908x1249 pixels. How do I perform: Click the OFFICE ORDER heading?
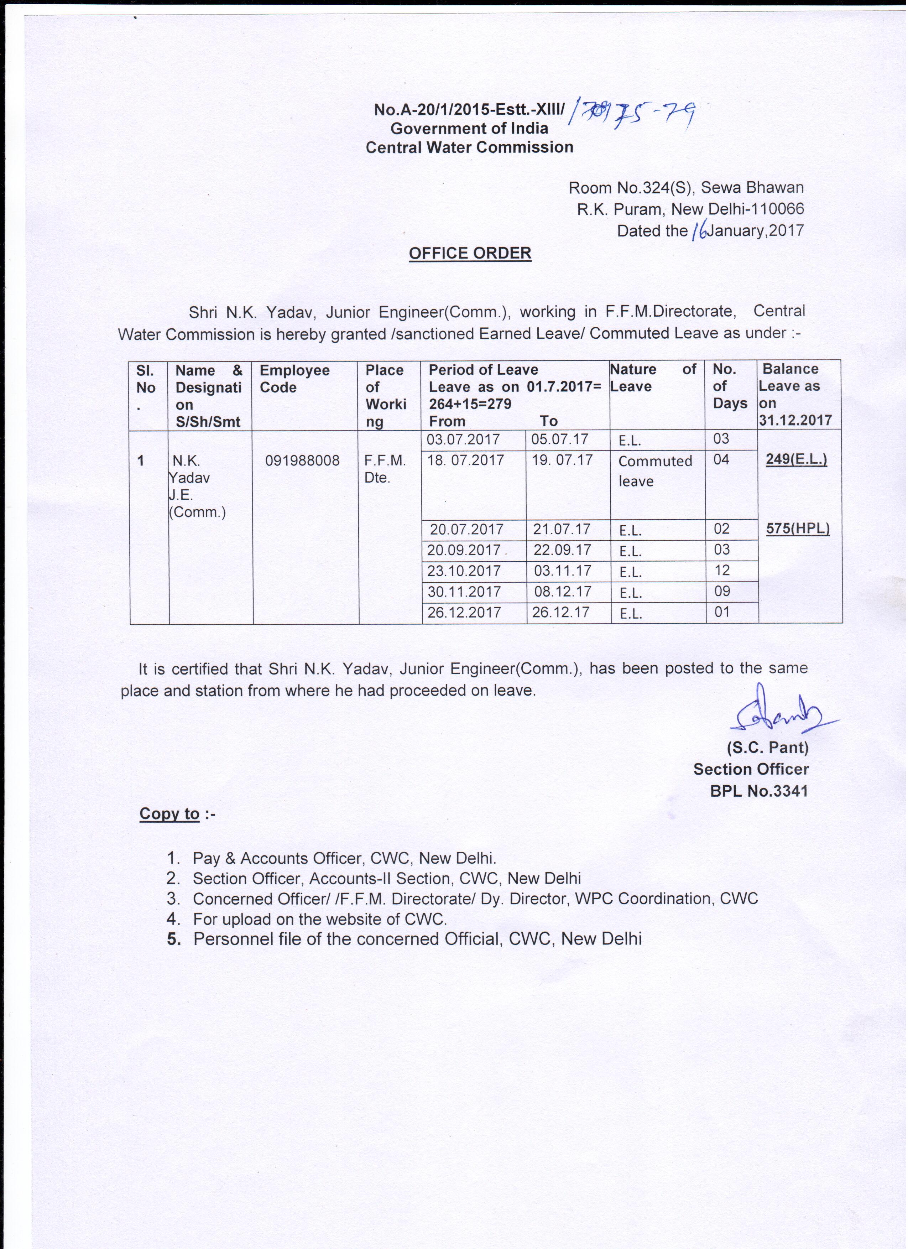[470, 253]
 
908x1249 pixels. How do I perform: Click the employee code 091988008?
[302, 460]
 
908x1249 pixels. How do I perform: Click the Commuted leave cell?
[655, 471]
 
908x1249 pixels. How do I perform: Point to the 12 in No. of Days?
[721, 570]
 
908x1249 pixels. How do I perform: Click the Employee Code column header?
[294, 379]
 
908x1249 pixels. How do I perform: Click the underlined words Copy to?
[169, 813]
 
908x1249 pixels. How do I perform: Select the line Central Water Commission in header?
[469, 147]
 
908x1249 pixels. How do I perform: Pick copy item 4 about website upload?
[319, 919]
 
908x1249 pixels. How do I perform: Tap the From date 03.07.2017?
[463, 439]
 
